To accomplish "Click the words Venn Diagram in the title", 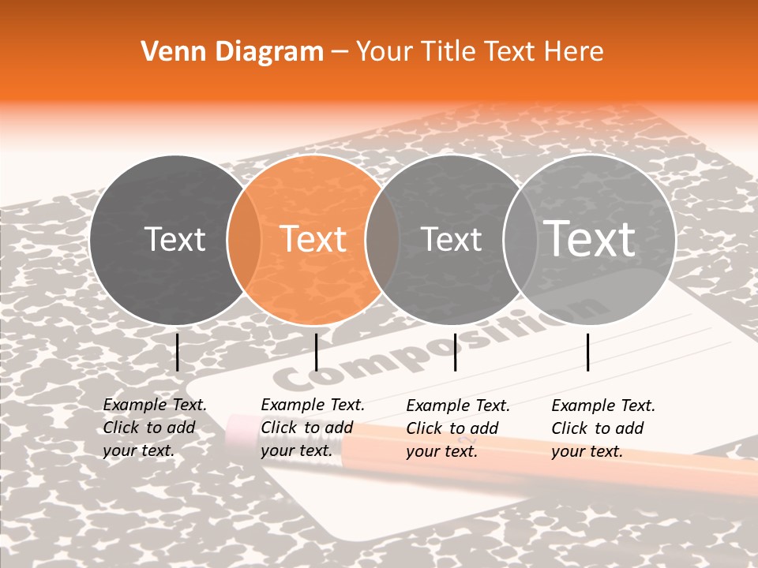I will pos(232,52).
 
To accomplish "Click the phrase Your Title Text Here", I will pos(479,52).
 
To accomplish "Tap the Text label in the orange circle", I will pos(313,239).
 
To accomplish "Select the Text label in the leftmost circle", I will pos(174,239).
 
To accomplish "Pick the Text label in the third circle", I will pos(452,239).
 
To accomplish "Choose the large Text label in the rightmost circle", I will pos(590,238).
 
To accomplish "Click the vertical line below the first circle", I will pos(178,352).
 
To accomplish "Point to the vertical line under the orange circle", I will pos(316,352).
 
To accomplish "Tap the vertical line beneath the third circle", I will pos(455,352).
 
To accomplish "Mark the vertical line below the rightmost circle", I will pos(588,352).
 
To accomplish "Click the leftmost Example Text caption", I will pos(154,428).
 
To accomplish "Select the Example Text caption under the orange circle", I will pos(312,428).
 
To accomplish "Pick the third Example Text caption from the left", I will pos(457,428).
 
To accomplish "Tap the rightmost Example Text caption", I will pos(602,428).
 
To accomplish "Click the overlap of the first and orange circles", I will pos(244,239).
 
